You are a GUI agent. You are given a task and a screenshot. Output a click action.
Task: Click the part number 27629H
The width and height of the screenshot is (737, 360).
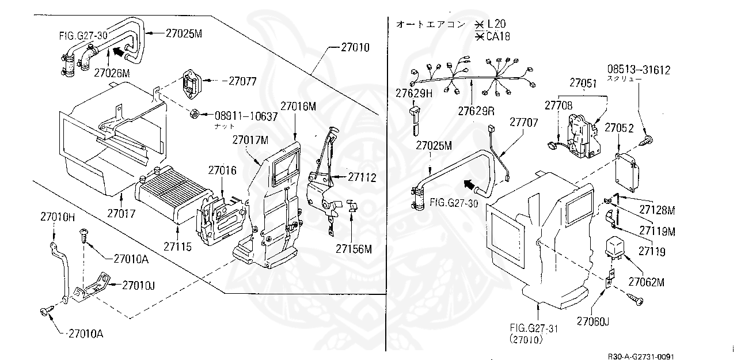[413, 93]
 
